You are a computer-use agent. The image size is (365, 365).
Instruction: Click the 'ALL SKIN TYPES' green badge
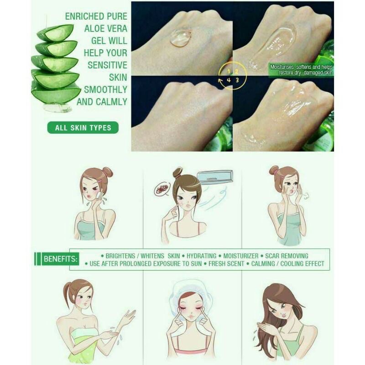(x=83, y=128)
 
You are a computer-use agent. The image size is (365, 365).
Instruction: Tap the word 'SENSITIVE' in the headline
(x=107, y=65)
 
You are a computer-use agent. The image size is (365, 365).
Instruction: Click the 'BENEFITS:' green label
(x=60, y=259)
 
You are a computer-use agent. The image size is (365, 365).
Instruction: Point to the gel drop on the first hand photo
(x=181, y=38)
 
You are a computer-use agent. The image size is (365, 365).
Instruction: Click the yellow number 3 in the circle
(x=237, y=80)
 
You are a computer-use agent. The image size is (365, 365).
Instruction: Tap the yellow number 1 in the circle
(x=229, y=72)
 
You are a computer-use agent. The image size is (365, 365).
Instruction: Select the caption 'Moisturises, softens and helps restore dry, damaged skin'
(x=301, y=70)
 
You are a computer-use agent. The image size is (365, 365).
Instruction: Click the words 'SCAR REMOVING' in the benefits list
(x=287, y=256)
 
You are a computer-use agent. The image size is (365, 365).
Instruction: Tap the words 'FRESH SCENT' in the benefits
(x=226, y=264)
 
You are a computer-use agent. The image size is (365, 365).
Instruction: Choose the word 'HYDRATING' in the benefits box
(x=201, y=256)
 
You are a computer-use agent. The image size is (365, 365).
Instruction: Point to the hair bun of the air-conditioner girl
(x=178, y=172)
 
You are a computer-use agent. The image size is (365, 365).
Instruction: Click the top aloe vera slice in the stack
(x=56, y=32)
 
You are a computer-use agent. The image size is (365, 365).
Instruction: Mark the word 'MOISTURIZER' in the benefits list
(x=241, y=256)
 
